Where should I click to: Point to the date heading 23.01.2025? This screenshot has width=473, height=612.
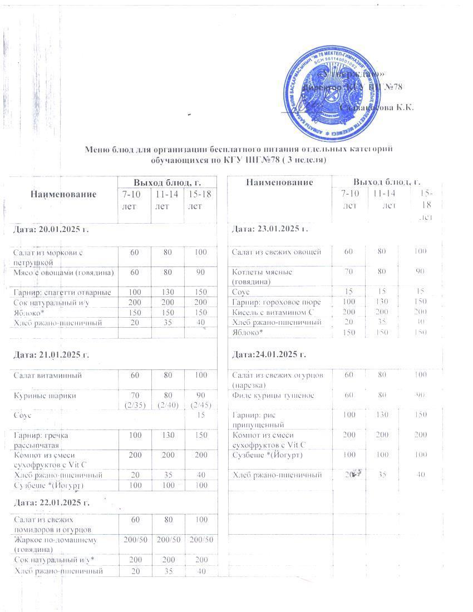coord(270,229)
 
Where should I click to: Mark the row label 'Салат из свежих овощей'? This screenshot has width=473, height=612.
coord(277,252)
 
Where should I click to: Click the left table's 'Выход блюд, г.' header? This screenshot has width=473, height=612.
coord(166,182)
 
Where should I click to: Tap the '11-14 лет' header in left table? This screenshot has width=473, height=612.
coord(167,199)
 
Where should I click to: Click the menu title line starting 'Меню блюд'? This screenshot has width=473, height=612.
coord(239,149)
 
